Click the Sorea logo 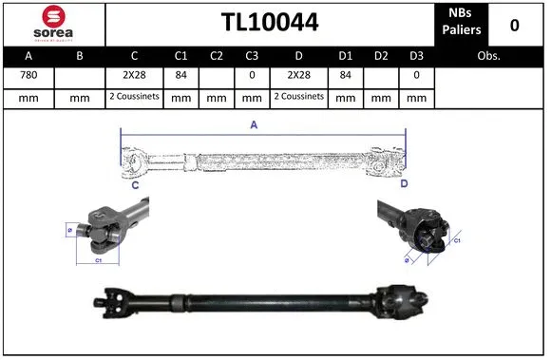click(52, 23)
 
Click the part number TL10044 click(270, 23)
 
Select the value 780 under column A click(28, 76)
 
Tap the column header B click(80, 55)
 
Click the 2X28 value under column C click(135, 76)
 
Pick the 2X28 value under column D click(299, 76)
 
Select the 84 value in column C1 click(180, 76)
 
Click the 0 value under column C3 click(251, 76)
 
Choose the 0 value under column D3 click(416, 76)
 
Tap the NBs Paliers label click(462, 23)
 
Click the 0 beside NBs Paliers click(515, 24)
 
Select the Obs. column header click(489, 55)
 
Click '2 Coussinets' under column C click(135, 97)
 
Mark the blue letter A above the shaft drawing click(254, 124)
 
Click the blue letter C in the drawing click(136, 184)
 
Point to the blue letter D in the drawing click(403, 182)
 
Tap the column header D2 click(380, 55)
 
